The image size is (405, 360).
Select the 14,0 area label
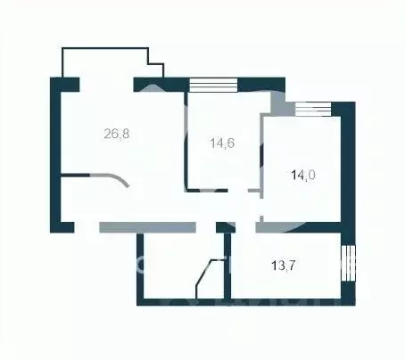coord(303,176)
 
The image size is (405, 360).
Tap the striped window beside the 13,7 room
coord(349,264)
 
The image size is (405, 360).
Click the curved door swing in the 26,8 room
coord(116,178)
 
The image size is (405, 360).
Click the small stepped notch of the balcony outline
coord(156,67)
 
